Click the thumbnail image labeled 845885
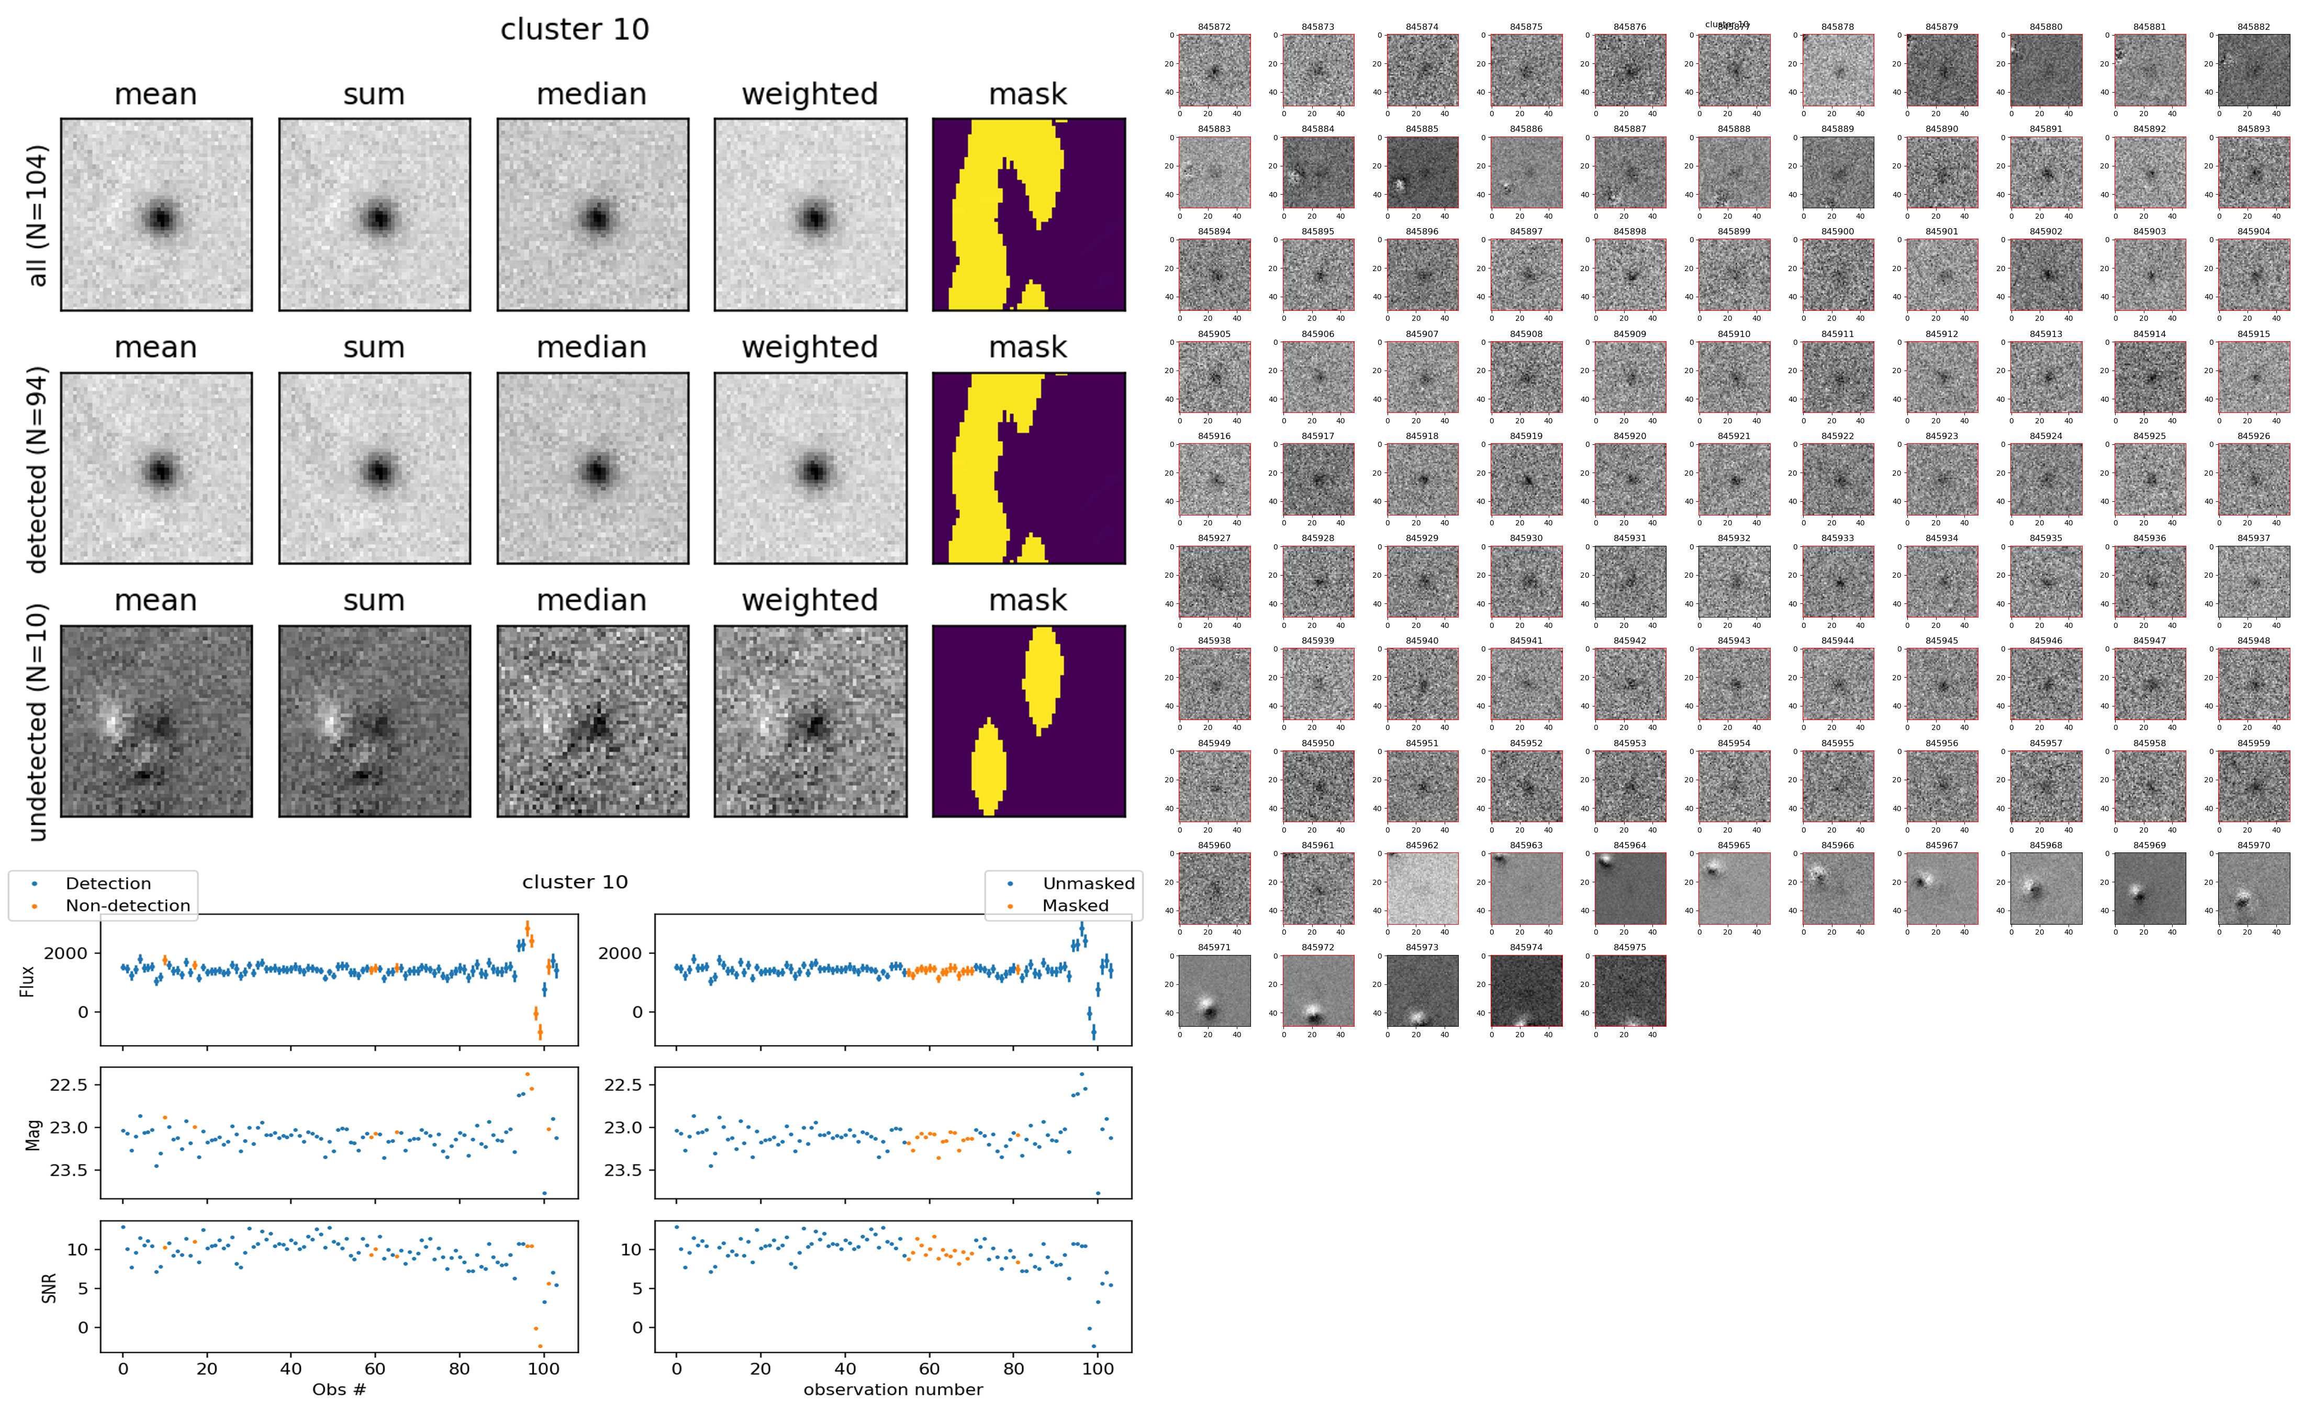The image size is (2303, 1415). [x=1423, y=172]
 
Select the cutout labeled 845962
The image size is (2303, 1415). [x=1423, y=888]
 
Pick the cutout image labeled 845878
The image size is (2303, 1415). [x=1838, y=70]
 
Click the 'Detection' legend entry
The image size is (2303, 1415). [x=108, y=883]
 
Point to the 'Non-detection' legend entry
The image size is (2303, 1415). [x=127, y=905]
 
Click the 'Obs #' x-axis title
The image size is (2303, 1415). [x=339, y=1389]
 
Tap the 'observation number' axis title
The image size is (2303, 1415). [x=893, y=1389]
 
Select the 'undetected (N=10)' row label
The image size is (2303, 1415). [x=38, y=722]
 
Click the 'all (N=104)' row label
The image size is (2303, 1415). [x=38, y=215]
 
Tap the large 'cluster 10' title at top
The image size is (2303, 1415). [x=575, y=30]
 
